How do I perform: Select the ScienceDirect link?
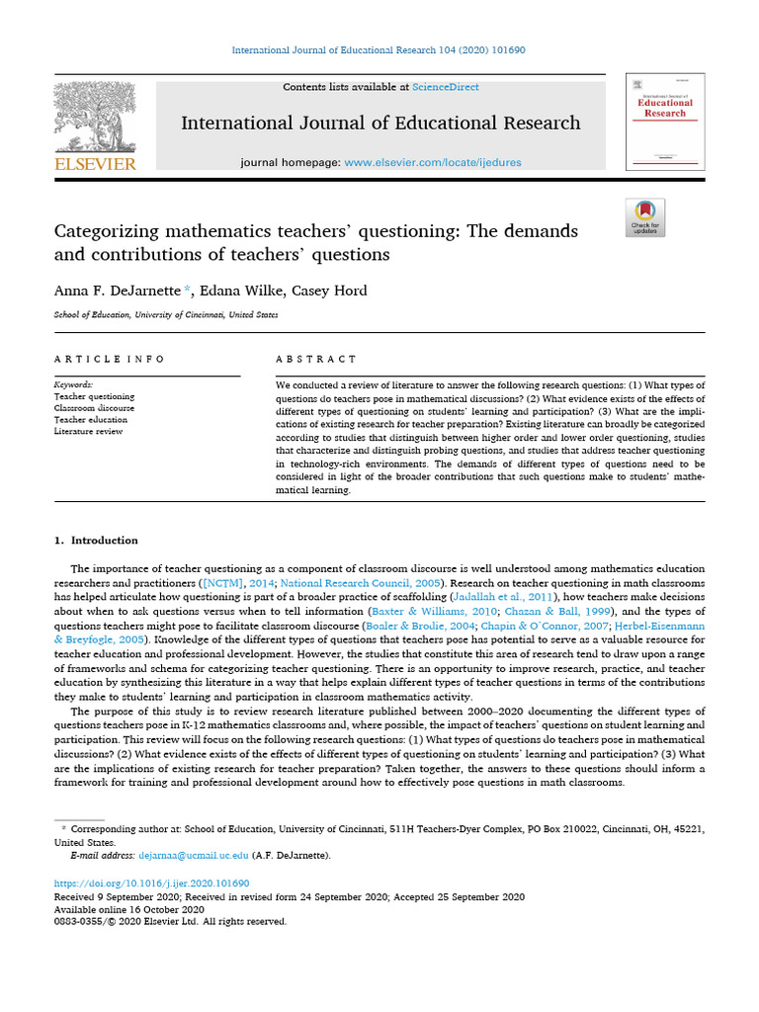click(x=446, y=87)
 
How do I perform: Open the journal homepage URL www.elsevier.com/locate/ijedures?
click(x=432, y=162)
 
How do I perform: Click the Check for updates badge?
click(x=645, y=217)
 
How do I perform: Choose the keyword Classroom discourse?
click(x=94, y=407)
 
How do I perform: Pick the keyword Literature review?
click(x=88, y=431)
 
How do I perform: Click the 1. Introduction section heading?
click(x=96, y=541)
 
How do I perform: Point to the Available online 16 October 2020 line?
click(x=128, y=909)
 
